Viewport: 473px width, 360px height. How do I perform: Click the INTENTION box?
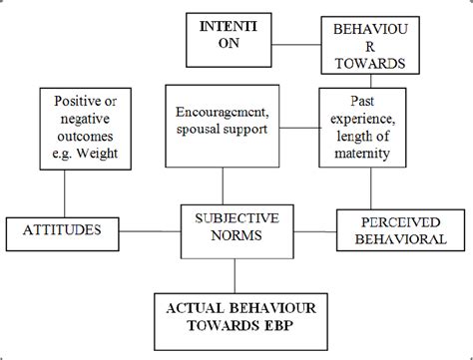(x=226, y=36)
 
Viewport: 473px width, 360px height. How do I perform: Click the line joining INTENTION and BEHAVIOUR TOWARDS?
(x=288, y=43)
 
